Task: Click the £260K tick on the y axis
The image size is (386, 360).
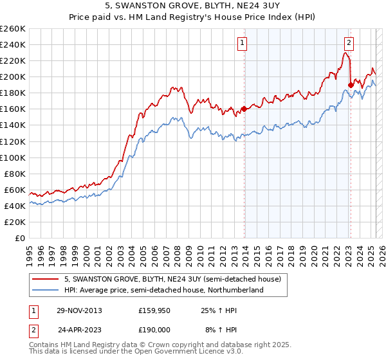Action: click(12, 28)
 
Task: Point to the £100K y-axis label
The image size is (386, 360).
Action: click(12, 157)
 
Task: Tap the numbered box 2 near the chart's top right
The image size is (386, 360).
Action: click(348, 44)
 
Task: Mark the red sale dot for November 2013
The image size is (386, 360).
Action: click(244, 109)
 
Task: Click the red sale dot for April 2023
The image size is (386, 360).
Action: click(351, 84)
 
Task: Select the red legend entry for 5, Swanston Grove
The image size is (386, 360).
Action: click(172, 280)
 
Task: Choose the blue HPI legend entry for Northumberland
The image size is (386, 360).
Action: click(163, 290)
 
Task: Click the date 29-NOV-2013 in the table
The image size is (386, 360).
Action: click(78, 310)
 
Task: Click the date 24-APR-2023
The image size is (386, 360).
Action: click(78, 328)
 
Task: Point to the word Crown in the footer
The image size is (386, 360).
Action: click(160, 345)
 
